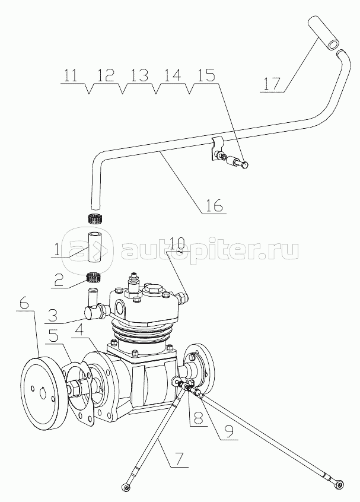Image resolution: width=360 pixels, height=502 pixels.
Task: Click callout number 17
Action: click(x=272, y=84)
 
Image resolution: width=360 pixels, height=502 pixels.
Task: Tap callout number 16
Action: click(x=214, y=205)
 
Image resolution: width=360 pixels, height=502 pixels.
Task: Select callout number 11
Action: click(x=71, y=76)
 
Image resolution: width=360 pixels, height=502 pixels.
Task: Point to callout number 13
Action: click(x=139, y=76)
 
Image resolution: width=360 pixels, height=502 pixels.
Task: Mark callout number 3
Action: click(x=53, y=314)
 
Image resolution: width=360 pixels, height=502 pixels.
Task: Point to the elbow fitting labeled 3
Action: click(x=94, y=304)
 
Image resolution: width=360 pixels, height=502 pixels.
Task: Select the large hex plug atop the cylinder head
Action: click(x=152, y=290)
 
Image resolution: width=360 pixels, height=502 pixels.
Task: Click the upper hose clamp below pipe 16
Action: click(x=95, y=219)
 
